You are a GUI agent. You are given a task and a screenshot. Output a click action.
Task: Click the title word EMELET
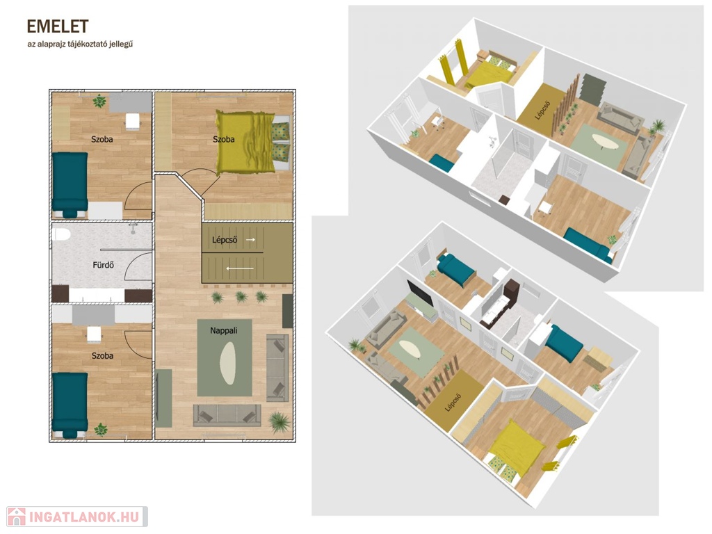tap(58, 27)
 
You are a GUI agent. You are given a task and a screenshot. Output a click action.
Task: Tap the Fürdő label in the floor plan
tap(103, 265)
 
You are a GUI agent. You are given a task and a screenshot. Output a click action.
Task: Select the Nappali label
tap(224, 330)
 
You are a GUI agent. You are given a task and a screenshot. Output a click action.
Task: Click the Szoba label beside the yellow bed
tap(224, 139)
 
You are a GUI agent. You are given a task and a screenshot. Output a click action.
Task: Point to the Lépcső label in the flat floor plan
tap(225, 240)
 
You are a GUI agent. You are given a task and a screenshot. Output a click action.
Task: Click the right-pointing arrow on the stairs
tap(250, 239)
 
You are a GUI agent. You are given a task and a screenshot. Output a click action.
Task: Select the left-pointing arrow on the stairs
tap(240, 268)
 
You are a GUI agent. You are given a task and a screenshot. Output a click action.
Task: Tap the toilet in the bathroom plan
tap(61, 234)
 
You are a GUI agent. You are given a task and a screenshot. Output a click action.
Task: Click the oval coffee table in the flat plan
tap(227, 363)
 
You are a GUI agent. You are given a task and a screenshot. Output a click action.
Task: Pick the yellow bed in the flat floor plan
tap(252, 143)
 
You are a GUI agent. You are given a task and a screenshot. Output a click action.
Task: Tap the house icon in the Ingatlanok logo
tap(17, 517)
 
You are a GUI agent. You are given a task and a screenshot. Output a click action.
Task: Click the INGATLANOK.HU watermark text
tap(84, 517)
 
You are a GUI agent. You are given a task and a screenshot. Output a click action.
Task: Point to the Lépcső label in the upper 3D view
tap(542, 110)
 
